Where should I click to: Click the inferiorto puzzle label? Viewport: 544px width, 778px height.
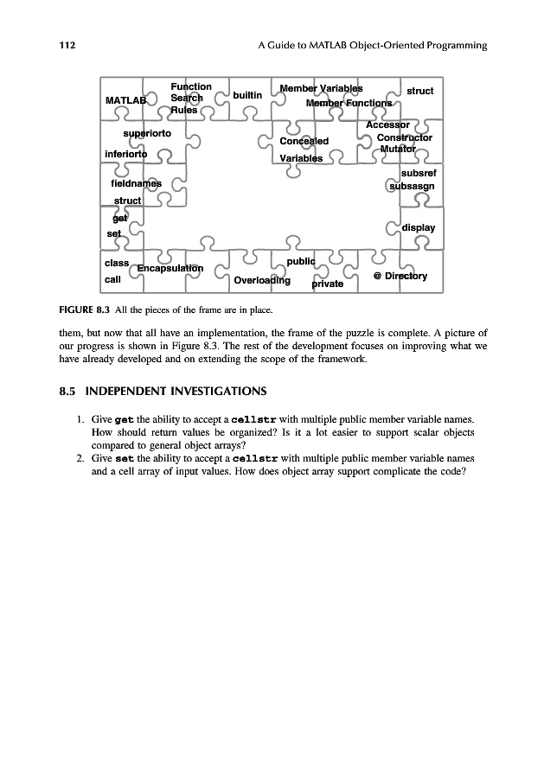tap(125, 154)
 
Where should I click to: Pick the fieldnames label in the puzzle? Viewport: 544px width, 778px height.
tap(137, 183)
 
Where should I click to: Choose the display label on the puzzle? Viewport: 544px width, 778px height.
tap(418, 227)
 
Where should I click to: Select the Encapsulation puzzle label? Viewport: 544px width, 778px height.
tap(170, 268)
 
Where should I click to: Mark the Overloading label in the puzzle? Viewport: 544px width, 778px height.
tap(262, 280)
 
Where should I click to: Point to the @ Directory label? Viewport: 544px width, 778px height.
tap(400, 276)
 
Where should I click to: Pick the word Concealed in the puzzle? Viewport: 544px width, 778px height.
tap(304, 141)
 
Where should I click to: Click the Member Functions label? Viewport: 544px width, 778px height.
tap(349, 104)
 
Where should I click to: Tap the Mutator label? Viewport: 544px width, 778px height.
tap(398, 149)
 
